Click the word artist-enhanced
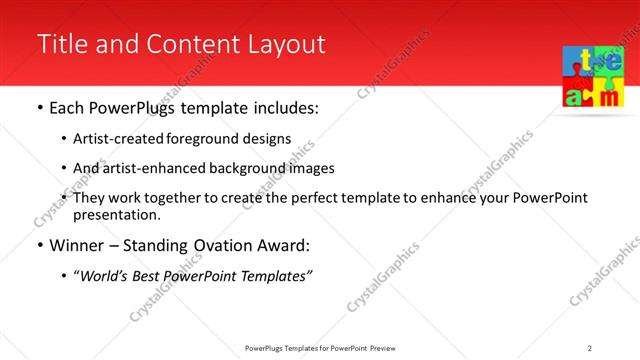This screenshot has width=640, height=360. tap(148, 168)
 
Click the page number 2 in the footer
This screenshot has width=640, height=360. tap(589, 348)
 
